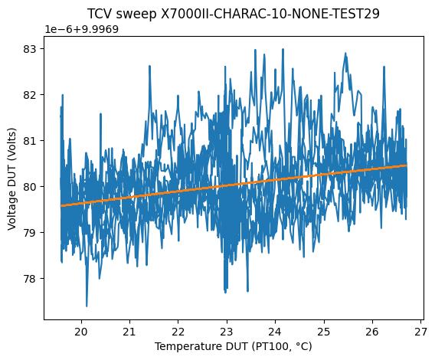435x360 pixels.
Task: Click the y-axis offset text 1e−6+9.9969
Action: pyautogui.click(x=87, y=29)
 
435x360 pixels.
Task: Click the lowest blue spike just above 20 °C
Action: pyautogui.click(x=87, y=306)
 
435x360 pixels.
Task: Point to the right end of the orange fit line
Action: pyautogui.click(x=407, y=165)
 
